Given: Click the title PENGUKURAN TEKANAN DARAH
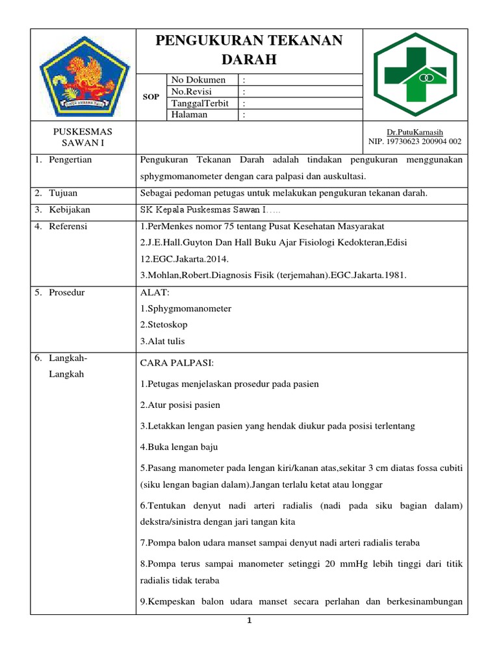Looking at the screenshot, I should (x=249, y=50).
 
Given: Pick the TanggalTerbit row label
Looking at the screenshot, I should (x=201, y=103).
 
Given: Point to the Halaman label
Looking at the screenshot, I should (x=189, y=115).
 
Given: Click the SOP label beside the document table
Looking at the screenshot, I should (x=151, y=97).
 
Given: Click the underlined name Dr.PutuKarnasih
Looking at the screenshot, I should (x=415, y=132).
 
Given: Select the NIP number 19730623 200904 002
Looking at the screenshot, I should (x=415, y=141).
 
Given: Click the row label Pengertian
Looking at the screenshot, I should (x=70, y=160).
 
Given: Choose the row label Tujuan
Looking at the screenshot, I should (x=63, y=193).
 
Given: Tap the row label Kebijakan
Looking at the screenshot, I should (x=69, y=210).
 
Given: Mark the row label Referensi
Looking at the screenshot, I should (x=68, y=227).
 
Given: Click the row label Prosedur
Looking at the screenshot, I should (x=66, y=292).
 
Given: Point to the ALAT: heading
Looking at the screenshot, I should (x=155, y=293).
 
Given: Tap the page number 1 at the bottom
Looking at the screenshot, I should (x=249, y=621).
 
